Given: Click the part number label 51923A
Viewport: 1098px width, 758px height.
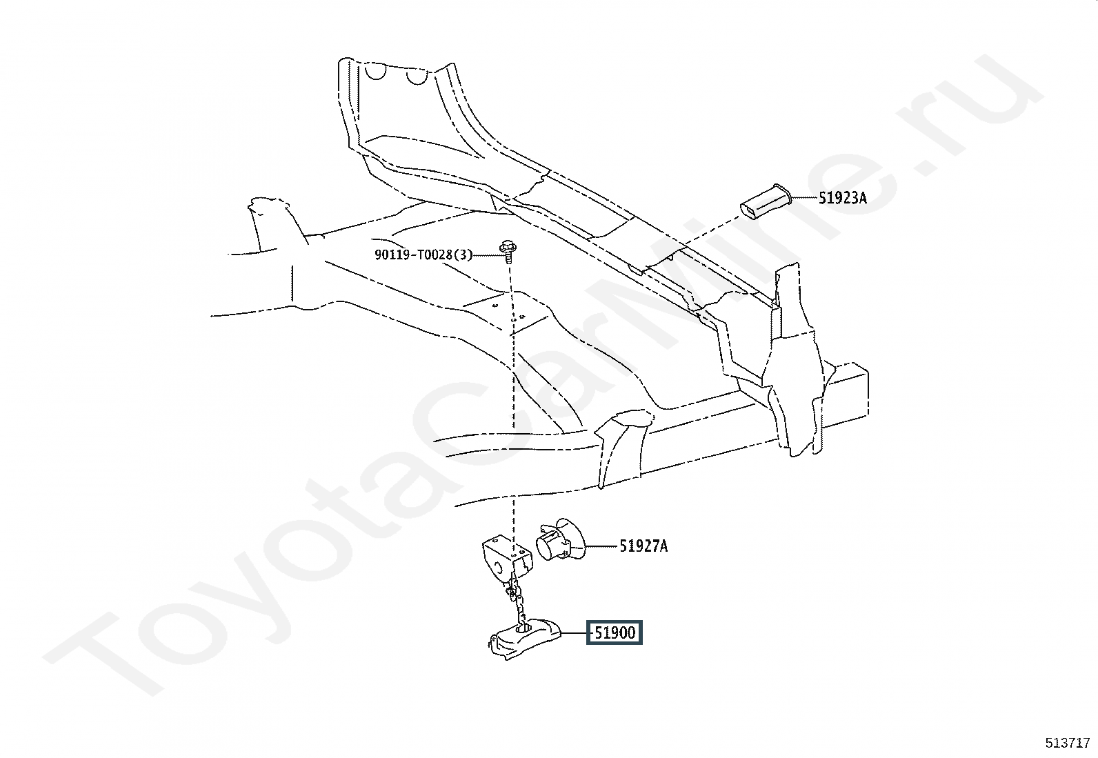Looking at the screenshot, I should [842, 199].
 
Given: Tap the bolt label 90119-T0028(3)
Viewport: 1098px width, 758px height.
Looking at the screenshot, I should [423, 255].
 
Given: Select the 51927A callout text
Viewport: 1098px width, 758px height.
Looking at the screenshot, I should [643, 546].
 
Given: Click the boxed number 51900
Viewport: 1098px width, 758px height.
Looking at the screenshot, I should [614, 632].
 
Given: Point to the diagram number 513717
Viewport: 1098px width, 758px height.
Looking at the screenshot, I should [1067, 743].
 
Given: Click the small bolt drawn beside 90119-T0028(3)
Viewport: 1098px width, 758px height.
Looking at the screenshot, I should [508, 252].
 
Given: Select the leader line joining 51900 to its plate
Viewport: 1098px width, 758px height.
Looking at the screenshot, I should [574, 632].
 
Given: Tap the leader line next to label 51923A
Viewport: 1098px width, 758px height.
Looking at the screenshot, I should [803, 199].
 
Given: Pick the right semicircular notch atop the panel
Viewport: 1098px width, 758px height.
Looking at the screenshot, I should [417, 76].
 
